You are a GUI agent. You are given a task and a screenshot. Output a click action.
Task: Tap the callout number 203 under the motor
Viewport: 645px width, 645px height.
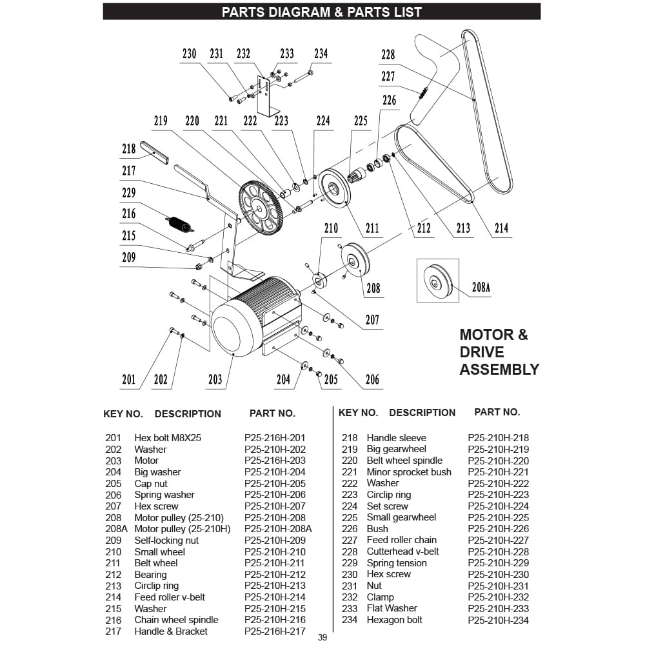215,379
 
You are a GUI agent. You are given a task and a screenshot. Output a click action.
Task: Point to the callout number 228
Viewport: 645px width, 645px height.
388,55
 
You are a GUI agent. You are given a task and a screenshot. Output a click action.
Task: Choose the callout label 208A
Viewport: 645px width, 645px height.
481,288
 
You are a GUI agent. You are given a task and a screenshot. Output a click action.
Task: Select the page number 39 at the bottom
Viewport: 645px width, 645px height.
322,638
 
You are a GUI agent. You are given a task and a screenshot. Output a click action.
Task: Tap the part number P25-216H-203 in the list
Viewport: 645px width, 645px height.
275,461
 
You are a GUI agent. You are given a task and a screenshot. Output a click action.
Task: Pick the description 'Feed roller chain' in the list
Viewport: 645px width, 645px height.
401,540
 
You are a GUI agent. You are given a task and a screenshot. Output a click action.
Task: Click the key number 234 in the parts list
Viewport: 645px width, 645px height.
349,620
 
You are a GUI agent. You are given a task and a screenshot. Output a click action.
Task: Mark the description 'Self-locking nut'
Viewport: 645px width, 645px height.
166,541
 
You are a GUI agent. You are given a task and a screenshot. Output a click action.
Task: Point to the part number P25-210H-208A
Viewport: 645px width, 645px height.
278,529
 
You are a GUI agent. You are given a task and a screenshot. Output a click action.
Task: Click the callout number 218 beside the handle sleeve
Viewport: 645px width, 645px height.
129,148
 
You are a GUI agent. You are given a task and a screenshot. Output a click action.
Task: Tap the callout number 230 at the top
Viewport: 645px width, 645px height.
189,54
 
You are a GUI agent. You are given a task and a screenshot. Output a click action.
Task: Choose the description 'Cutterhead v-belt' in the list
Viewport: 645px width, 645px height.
402,551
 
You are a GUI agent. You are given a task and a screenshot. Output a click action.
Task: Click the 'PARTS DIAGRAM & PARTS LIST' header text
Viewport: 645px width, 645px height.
321,12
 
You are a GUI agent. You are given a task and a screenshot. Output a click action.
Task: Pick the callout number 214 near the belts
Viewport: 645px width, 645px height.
501,228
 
